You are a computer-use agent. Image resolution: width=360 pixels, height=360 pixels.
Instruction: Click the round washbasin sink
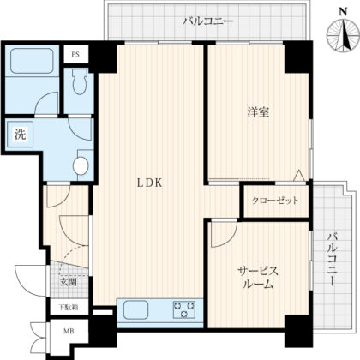point(82,165)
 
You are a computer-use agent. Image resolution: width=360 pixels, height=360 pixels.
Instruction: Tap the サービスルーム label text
point(257,276)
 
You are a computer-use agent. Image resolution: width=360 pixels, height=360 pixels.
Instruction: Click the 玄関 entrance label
point(68,281)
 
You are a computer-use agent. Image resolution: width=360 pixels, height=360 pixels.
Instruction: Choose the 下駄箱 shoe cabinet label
point(69,307)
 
